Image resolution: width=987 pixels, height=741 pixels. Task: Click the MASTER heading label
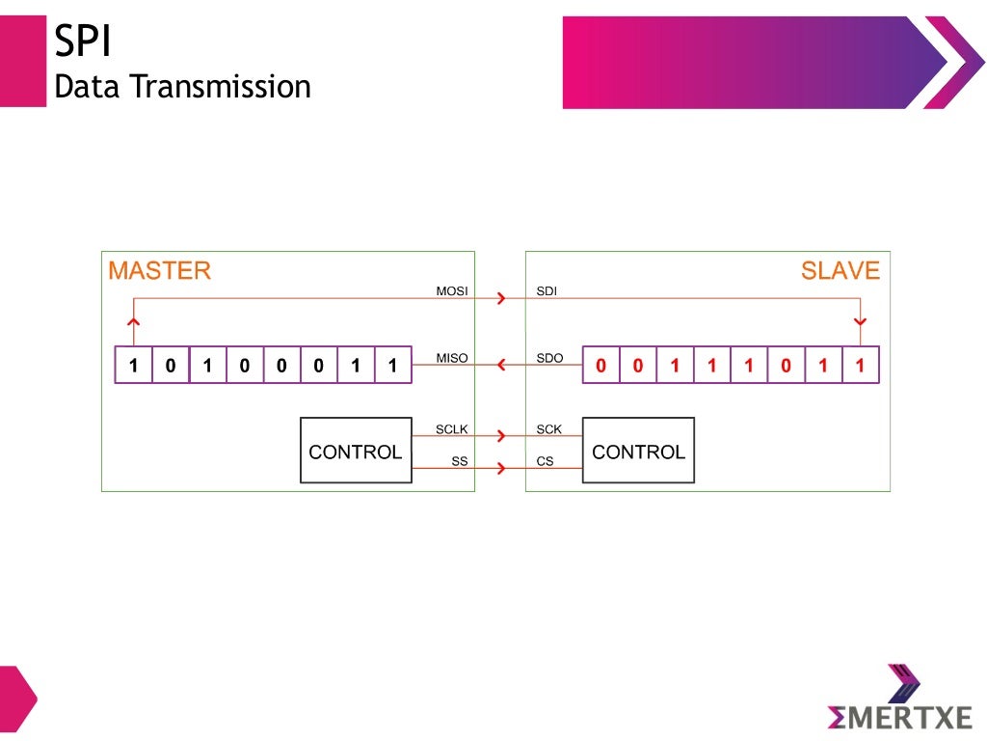pyautogui.click(x=159, y=270)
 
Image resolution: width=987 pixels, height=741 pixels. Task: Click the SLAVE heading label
pyautogui.click(x=840, y=270)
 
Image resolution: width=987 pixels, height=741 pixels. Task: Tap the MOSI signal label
pyautogui.click(x=451, y=289)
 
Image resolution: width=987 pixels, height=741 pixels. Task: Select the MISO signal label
pyautogui.click(x=451, y=358)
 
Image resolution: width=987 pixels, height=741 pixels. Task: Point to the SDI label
pyautogui.click(x=546, y=289)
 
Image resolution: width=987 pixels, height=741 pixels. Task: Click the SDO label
pyautogui.click(x=548, y=358)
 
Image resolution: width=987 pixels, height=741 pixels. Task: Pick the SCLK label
pyautogui.click(x=451, y=428)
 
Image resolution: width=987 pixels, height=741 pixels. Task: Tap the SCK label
pyautogui.click(x=548, y=428)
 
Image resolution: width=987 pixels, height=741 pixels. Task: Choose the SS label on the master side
pyautogui.click(x=460, y=461)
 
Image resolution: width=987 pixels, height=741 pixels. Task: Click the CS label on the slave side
pyautogui.click(x=545, y=461)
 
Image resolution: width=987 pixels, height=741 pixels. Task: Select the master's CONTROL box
pyautogui.click(x=356, y=451)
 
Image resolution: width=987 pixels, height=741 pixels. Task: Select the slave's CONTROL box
pyautogui.click(x=638, y=451)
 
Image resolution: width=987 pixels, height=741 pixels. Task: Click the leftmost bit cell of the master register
pyautogui.click(x=133, y=366)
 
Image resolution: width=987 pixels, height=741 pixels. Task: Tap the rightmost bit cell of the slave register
pyautogui.click(x=860, y=366)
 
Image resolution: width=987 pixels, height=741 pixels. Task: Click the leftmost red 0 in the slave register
pyautogui.click(x=601, y=366)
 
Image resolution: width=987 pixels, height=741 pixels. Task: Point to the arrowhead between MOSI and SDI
pyautogui.click(x=499, y=299)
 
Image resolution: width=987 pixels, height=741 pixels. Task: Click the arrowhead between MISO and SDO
pyautogui.click(x=500, y=365)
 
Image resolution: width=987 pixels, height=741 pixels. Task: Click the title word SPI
pyautogui.click(x=84, y=44)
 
